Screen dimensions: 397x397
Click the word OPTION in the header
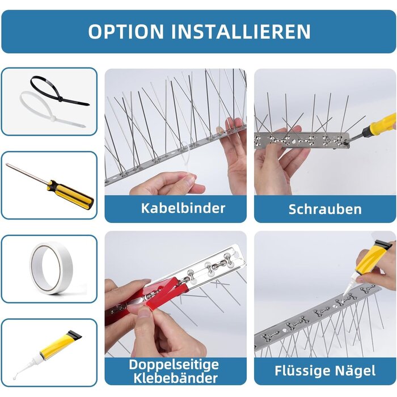click(126, 32)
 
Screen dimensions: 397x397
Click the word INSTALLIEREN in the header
click(241, 32)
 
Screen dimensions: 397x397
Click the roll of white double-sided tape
click(52, 268)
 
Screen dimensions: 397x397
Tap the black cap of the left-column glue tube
click(75, 335)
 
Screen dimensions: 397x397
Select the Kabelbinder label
click(183, 208)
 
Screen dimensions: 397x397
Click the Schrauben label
click(325, 209)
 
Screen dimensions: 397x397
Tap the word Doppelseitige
click(174, 365)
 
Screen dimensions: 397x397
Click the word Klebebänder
click(175, 378)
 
